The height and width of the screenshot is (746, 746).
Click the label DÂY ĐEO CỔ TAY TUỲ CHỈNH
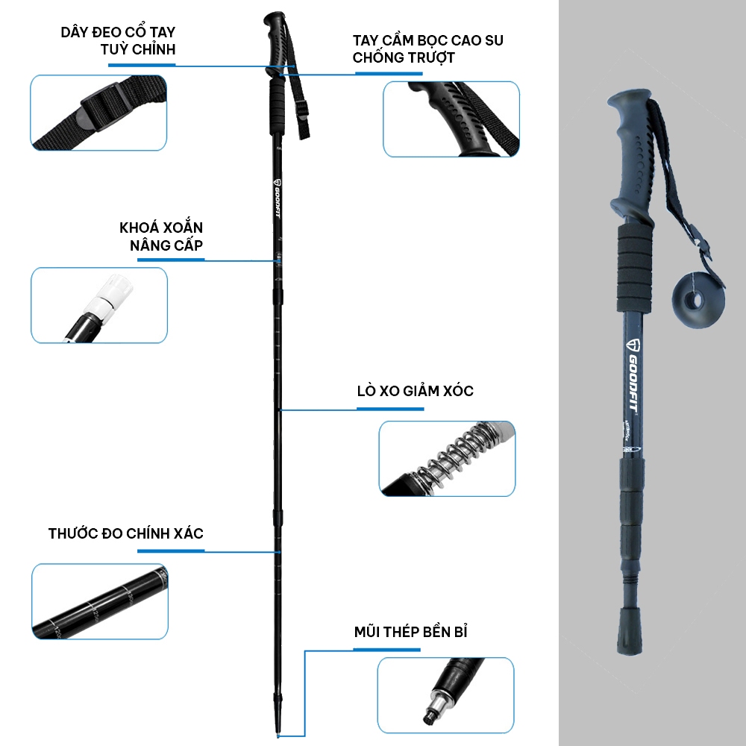(118, 40)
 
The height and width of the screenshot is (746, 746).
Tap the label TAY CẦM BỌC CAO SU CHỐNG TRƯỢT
(427, 49)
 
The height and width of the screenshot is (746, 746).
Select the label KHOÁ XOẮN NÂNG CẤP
(161, 236)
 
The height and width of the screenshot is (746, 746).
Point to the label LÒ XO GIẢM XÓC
(416, 391)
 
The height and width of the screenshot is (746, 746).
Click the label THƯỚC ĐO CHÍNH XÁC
(125, 533)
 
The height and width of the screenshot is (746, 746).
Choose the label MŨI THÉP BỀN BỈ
(410, 632)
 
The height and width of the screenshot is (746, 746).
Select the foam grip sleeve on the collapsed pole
(633, 269)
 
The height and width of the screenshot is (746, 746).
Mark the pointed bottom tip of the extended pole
(278, 736)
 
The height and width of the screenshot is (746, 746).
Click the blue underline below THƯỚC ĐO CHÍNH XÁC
(171, 551)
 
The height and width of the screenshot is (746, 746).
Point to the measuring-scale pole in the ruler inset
(100, 602)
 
